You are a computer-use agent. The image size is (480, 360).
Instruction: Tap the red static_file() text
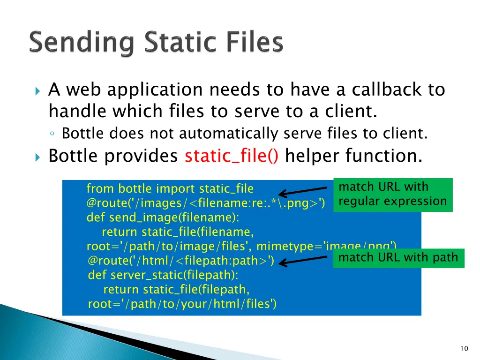point(232,156)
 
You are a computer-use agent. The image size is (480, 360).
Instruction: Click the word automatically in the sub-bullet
point(229,134)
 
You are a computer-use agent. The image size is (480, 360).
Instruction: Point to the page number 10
point(464,348)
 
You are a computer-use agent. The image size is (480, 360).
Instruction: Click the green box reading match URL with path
point(398,258)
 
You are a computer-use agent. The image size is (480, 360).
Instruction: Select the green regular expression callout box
point(393,195)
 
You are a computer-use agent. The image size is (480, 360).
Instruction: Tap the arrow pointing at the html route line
point(305,260)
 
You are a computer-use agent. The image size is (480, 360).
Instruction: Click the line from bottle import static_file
point(170,189)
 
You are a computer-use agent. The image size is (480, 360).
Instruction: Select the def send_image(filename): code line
point(162,217)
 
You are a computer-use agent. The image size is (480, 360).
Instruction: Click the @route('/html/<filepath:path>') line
point(181,261)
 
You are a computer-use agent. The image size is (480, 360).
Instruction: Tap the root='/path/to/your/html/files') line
point(182,304)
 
